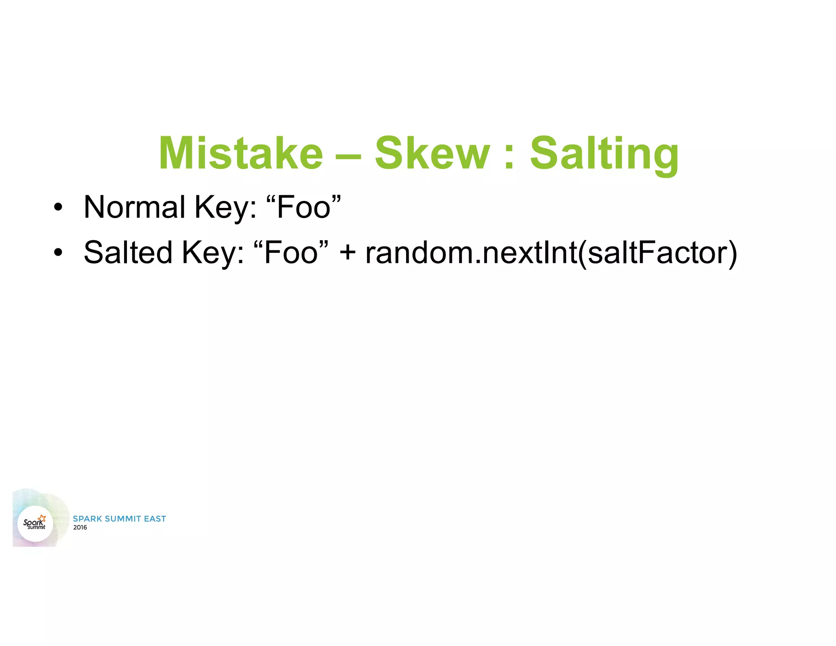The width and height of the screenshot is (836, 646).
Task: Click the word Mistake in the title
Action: click(241, 153)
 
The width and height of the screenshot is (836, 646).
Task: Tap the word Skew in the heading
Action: click(432, 153)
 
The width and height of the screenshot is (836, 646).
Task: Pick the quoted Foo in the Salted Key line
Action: click(291, 252)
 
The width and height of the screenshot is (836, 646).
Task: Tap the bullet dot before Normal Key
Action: click(58, 207)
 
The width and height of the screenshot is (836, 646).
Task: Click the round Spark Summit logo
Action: click(35, 523)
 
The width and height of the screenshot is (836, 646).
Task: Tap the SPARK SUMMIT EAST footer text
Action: click(119, 519)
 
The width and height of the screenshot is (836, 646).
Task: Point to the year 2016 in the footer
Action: click(80, 528)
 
